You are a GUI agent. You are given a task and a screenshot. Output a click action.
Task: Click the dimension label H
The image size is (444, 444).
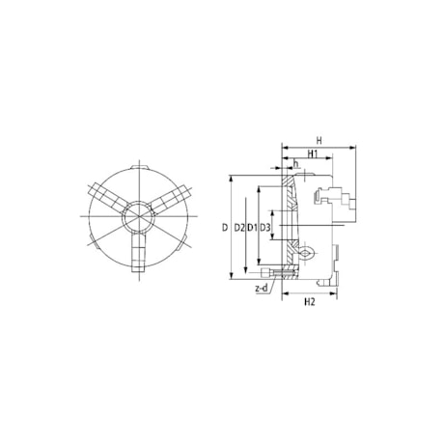tap(319, 140)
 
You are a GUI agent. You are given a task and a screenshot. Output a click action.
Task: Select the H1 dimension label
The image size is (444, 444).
tap(313, 154)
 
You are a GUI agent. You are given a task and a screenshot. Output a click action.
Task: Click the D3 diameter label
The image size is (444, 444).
tap(266, 228)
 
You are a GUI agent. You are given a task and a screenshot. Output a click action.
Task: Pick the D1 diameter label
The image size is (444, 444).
tap(252, 228)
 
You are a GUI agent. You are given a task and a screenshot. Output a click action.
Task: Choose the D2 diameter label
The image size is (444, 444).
tap(238, 228)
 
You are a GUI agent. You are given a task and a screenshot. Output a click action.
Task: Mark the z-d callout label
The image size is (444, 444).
tap(261, 289)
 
